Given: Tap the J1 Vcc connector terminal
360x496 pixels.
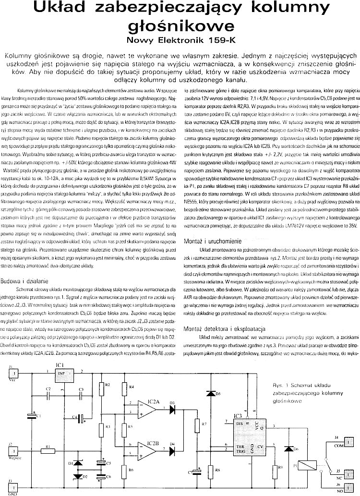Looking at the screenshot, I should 14,373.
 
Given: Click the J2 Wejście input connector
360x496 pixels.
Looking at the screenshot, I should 14,451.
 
